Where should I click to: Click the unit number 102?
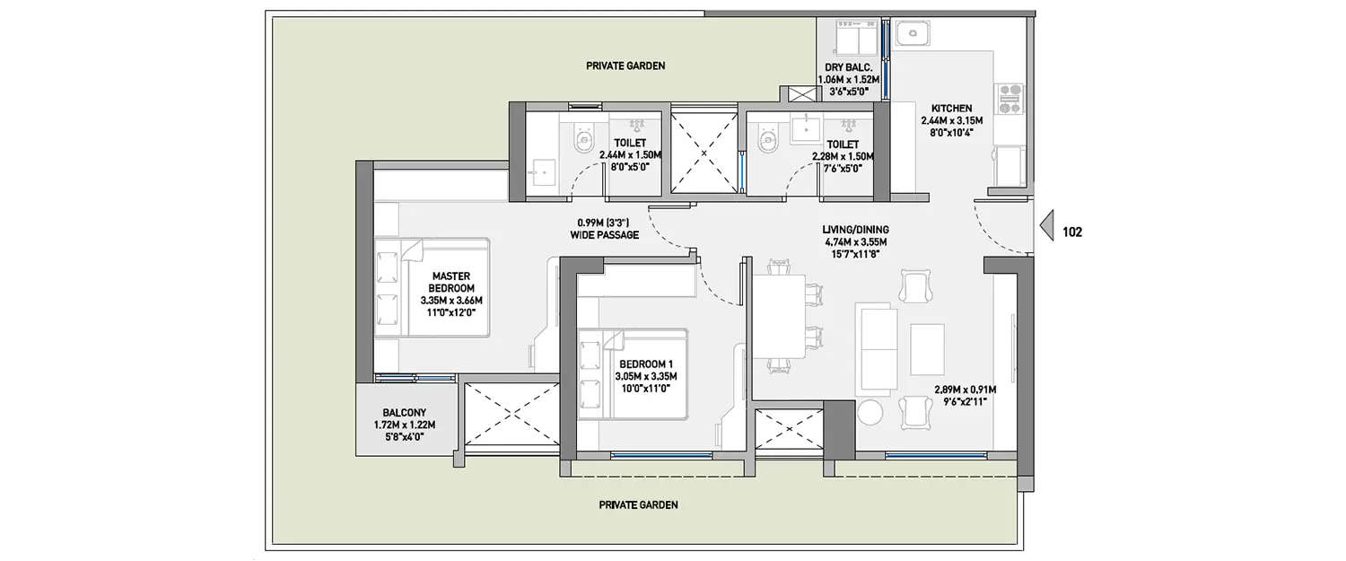[1072, 232]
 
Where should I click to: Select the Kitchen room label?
[951, 109]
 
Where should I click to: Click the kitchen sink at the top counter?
[913, 35]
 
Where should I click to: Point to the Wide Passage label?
[604, 235]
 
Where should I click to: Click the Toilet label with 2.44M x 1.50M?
[629, 143]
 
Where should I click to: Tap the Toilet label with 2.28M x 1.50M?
[842, 144]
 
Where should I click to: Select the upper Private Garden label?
[625, 66]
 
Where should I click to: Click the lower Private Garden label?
[638, 504]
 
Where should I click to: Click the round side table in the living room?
[871, 412]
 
